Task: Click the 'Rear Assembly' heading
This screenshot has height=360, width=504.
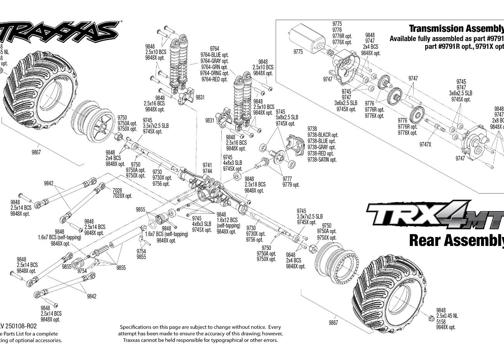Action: [456, 240]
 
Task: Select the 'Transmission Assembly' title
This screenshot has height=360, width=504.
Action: [456, 28]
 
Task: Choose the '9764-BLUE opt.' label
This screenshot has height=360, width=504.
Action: [214, 55]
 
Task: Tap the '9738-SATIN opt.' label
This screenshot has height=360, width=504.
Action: [322, 159]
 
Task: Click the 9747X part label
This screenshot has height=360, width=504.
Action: [425, 144]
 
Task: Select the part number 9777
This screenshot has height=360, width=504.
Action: [287, 179]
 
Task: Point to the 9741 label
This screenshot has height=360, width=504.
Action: [207, 165]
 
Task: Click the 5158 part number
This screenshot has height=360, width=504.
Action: [441, 322]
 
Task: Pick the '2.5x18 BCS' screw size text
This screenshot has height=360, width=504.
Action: [255, 184]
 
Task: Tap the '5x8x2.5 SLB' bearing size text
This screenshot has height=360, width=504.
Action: [287, 117]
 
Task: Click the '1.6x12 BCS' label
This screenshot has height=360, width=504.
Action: [227, 220]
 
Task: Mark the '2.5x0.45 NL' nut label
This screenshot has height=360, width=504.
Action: [447, 316]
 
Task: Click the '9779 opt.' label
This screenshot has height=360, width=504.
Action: [291, 185]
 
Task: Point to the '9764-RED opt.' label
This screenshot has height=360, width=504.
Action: [214, 80]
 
